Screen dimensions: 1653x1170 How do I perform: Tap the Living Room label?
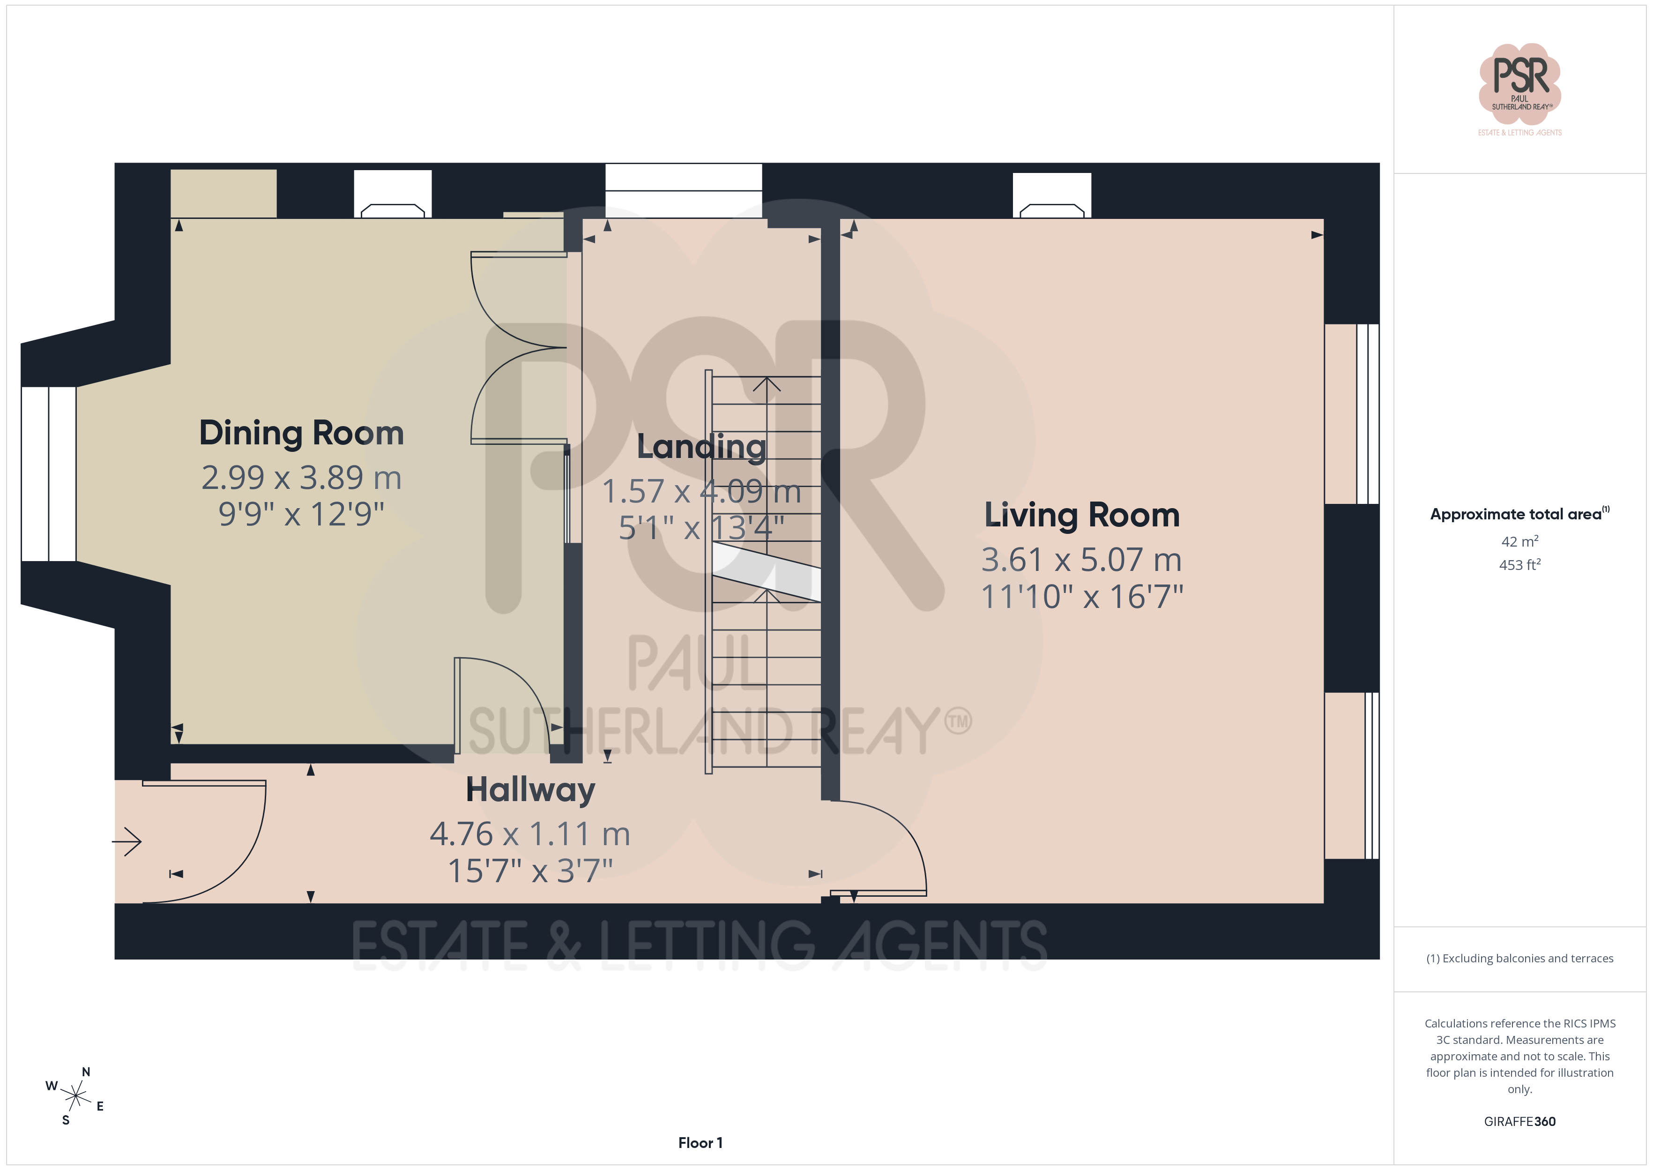click(x=1081, y=515)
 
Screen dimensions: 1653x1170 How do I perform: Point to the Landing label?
click(x=701, y=447)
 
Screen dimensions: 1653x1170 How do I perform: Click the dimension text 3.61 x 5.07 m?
click(x=1081, y=560)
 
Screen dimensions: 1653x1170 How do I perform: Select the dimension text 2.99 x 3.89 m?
click(x=301, y=478)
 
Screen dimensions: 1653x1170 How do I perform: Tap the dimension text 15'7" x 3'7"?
click(x=530, y=871)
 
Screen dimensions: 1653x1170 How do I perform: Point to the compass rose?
click(x=75, y=1096)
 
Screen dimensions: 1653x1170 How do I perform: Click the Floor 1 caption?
click(x=700, y=1143)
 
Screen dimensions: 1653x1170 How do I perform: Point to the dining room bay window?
click(x=48, y=474)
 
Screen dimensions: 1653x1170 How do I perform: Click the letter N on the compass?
click(x=86, y=1072)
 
